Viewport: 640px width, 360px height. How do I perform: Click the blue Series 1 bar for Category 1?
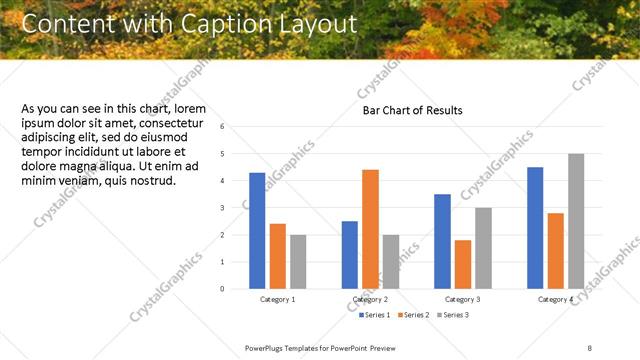tap(257, 230)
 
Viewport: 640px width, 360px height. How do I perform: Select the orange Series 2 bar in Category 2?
tap(370, 229)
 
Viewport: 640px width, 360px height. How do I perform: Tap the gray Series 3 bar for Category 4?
tap(576, 221)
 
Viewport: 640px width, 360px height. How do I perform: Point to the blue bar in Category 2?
tap(349, 255)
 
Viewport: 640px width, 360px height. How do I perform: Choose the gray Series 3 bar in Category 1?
tap(298, 261)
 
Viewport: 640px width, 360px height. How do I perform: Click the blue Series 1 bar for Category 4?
tap(535, 228)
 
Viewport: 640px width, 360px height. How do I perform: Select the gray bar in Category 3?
tap(483, 248)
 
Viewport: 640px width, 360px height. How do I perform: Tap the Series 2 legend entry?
tap(413, 315)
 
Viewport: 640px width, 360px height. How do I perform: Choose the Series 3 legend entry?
tap(451, 315)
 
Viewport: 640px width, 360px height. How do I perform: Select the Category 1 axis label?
tap(277, 300)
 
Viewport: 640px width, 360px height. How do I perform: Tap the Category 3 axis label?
tap(462, 300)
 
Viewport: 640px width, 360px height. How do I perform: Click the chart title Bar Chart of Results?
tap(412, 110)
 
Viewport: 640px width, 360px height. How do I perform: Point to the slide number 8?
tap(590, 347)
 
